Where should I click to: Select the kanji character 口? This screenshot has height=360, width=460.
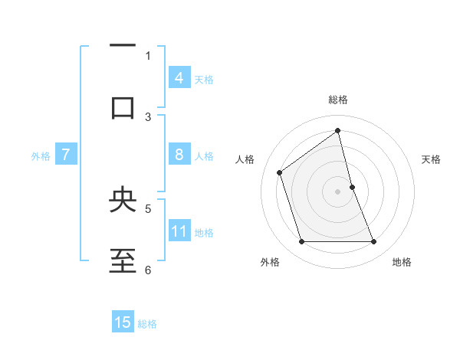(x=123, y=108)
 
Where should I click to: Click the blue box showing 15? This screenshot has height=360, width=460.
(x=123, y=322)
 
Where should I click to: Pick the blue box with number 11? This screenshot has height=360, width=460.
(x=179, y=231)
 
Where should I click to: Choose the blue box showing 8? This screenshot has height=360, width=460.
(x=179, y=155)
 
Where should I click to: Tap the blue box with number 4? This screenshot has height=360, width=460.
(x=179, y=77)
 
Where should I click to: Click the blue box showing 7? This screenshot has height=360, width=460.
(x=66, y=155)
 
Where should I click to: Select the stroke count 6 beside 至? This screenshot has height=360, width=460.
(x=148, y=269)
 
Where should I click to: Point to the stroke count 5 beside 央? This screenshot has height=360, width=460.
(x=148, y=208)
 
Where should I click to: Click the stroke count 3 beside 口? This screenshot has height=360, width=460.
(x=148, y=116)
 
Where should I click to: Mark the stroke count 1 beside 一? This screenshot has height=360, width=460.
(x=148, y=55)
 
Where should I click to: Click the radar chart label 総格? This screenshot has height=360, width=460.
(x=338, y=100)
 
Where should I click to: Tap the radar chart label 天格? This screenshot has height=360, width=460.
(x=432, y=159)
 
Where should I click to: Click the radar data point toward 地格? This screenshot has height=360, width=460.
(x=374, y=242)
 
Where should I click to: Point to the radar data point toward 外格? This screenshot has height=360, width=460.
(x=301, y=242)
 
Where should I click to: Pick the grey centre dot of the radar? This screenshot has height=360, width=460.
(x=337, y=191)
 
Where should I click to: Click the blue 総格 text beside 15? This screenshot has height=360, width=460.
(x=147, y=324)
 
